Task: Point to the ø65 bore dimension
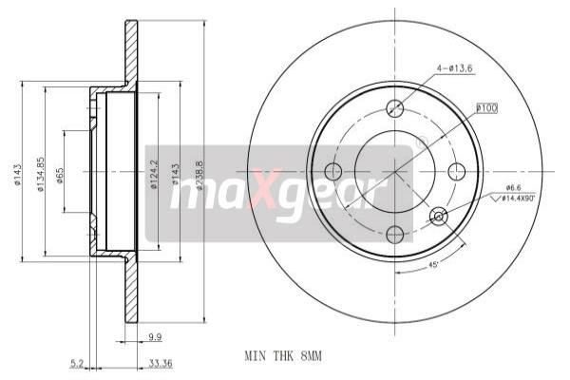tap(60, 174)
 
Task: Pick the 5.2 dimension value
tap(80, 362)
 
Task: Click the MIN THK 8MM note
tap(283, 356)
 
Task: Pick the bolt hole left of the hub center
tap(333, 171)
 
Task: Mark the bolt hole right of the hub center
tap(457, 171)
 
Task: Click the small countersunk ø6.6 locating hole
tap(439, 216)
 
